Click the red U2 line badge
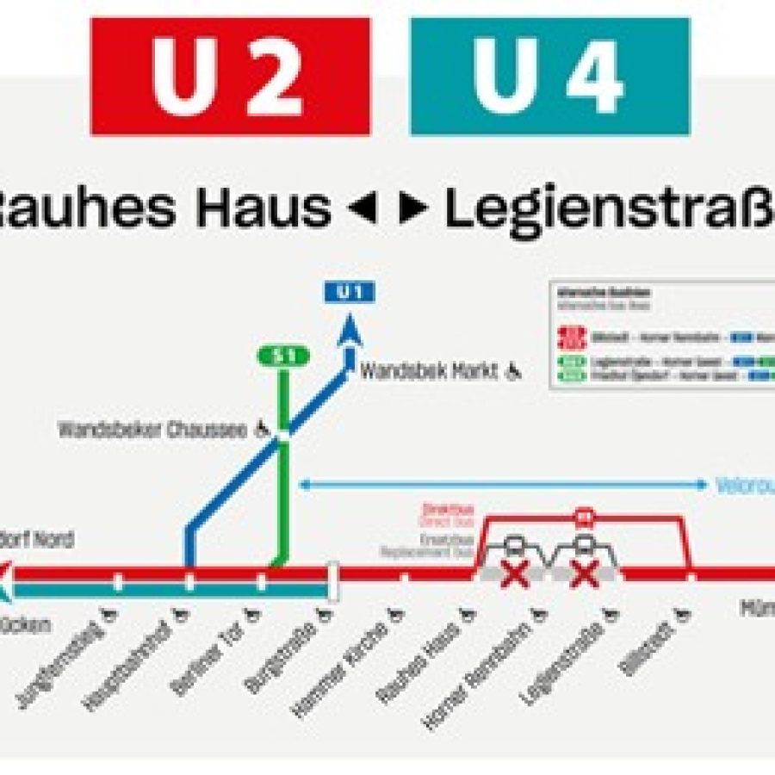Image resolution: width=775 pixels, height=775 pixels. tap(230, 76)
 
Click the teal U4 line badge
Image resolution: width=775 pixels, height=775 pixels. tap(549, 76)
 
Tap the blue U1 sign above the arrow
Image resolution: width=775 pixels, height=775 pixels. tap(349, 292)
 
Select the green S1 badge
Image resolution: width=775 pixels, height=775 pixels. tap(282, 356)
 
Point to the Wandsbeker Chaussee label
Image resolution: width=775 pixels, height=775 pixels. tap(155, 428)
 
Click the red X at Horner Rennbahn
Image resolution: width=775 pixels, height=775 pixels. tap(515, 573)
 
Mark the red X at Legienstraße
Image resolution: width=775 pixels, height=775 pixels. tap(585, 573)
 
